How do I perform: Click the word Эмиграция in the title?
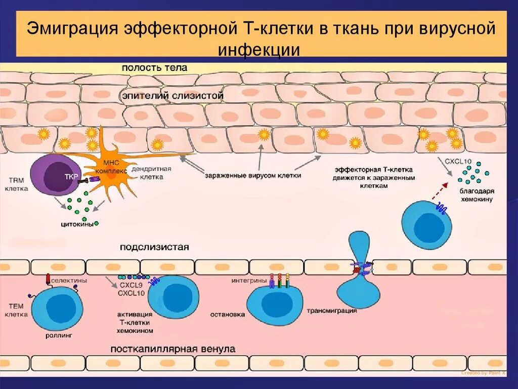(x=72, y=28)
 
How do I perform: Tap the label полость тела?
(x=154, y=67)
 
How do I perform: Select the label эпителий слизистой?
(x=172, y=95)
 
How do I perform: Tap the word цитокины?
(x=76, y=224)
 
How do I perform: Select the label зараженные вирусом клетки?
(x=253, y=176)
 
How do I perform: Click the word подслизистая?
(x=154, y=247)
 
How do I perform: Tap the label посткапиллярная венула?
(x=172, y=349)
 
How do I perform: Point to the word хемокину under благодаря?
(x=477, y=200)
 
